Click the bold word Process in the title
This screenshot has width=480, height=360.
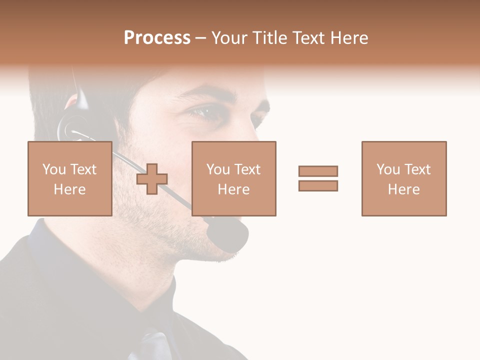[157, 38]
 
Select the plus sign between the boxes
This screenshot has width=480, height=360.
[152, 179]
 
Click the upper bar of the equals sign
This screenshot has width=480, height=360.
[318, 171]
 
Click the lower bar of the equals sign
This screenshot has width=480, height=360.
[318, 185]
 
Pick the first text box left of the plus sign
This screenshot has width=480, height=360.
[69, 178]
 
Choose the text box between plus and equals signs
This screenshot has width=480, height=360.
[233, 178]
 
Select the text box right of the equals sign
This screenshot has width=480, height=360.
[403, 178]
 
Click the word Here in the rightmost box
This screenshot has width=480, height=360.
[403, 189]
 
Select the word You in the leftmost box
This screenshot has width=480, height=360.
[54, 169]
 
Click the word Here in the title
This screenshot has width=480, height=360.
[348, 38]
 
